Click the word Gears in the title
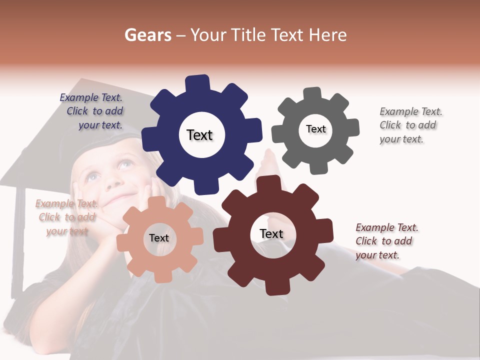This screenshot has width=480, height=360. [x=148, y=35]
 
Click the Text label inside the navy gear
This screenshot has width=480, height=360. [x=199, y=135]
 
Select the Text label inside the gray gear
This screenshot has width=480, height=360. [x=316, y=129]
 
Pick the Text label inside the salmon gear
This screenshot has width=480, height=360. [x=159, y=238]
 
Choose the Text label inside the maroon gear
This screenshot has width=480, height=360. [x=271, y=233]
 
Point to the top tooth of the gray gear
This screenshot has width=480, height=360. [x=312, y=94]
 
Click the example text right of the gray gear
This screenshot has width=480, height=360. [x=410, y=125]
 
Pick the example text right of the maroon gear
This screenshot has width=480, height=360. [x=386, y=241]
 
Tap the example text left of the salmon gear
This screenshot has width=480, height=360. [x=67, y=217]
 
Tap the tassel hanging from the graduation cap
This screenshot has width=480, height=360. [x=17, y=240]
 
